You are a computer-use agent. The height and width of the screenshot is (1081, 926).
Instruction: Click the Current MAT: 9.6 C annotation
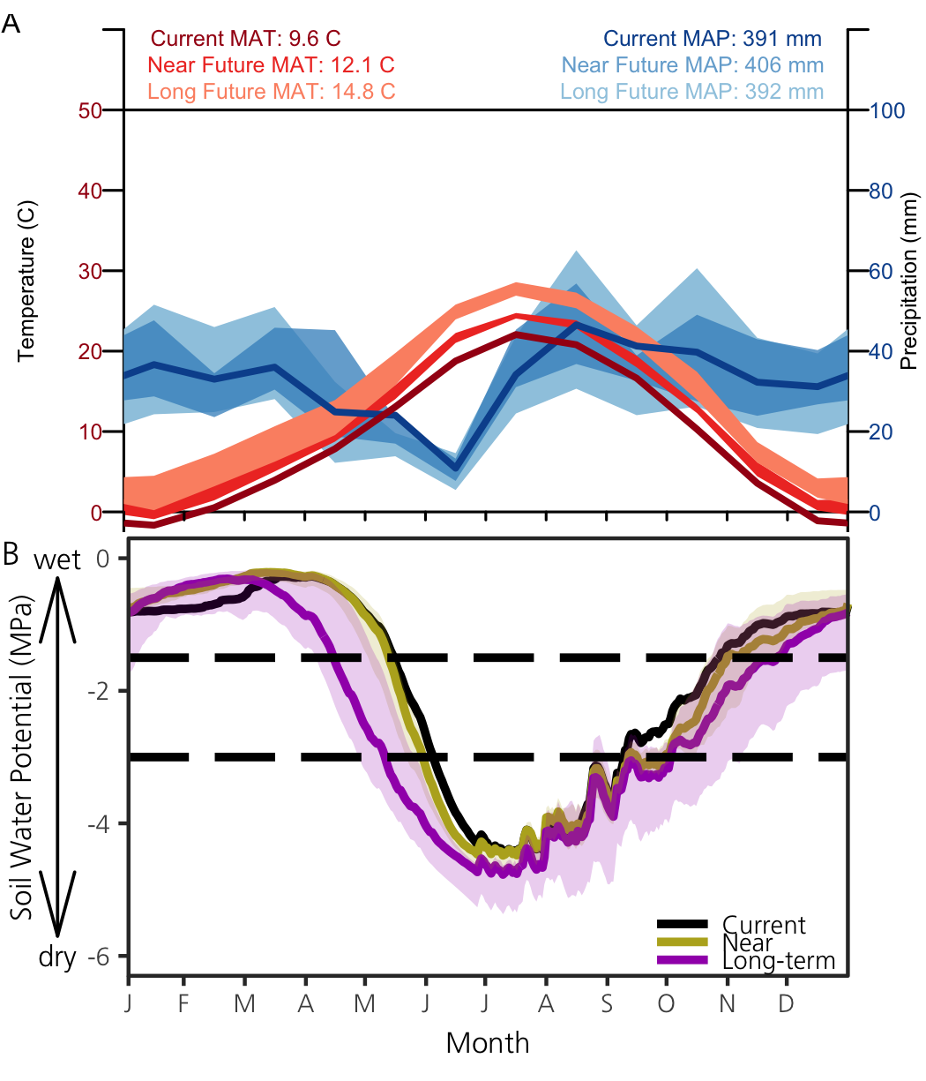coord(245,39)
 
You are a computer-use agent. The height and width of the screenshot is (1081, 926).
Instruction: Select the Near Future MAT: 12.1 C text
coord(271,65)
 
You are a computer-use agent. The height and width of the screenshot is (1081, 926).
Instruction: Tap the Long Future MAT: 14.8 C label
coord(271,92)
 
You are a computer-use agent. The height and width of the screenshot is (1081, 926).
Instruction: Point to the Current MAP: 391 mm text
coord(713,39)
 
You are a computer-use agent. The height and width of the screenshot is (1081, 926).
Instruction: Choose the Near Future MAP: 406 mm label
coord(692,65)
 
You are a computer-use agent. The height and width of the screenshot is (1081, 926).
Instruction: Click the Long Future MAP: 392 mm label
coord(691,92)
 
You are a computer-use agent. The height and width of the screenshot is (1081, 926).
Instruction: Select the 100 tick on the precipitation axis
coord(888,111)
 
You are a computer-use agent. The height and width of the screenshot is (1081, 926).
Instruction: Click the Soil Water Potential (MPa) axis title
coord(24,756)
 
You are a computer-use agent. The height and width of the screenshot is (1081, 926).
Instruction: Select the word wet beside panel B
coord(58,559)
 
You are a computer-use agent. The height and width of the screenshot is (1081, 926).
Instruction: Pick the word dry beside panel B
coord(58,957)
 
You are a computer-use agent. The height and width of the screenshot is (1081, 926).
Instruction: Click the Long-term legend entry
coord(778,961)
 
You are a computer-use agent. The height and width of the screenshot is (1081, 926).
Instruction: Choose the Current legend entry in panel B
coord(763,925)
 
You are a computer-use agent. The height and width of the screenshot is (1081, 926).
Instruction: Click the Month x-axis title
coord(488,1043)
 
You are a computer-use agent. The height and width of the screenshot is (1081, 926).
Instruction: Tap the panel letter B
coord(11,553)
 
